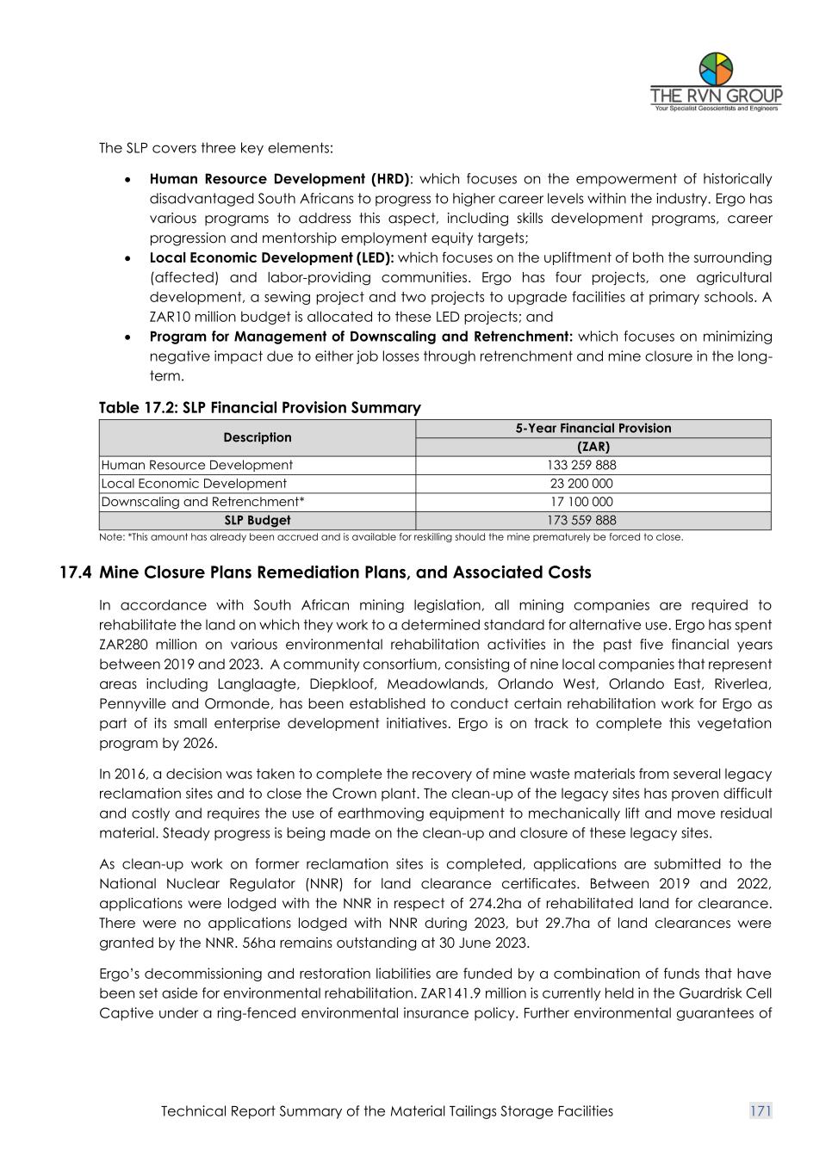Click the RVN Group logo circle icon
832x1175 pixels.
coord(716,69)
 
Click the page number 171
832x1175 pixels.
coord(761,1111)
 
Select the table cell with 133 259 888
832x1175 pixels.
coord(593,465)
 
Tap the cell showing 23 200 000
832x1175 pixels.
coord(593,484)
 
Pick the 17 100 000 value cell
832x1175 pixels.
coord(593,502)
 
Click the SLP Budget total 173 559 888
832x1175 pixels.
coord(593,520)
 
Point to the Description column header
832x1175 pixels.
coord(257,437)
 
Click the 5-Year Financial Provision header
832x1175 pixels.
coord(593,428)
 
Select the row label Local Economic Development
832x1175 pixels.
coord(195,484)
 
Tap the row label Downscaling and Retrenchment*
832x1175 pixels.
coord(203,502)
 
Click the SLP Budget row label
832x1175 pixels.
coord(257,520)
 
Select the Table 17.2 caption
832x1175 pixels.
coord(259,407)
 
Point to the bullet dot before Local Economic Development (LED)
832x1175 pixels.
coord(127,258)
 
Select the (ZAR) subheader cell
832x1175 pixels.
coord(593,447)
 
